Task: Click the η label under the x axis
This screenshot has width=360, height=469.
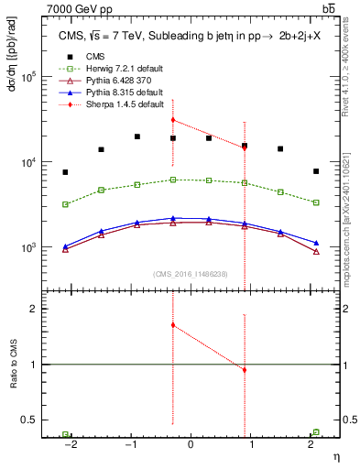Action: [335, 455]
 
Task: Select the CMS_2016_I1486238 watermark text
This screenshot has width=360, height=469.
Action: [190, 273]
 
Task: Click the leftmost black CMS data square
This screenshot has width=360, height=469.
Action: [65, 172]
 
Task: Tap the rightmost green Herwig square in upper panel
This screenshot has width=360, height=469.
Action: [316, 202]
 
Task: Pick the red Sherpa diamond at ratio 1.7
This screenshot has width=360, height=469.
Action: [173, 325]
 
